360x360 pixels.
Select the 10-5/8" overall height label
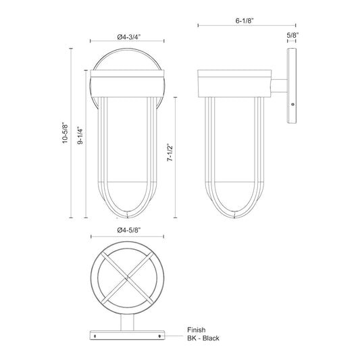pyautogui.click(x=66, y=133)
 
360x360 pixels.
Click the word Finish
pyautogui.click(x=197, y=330)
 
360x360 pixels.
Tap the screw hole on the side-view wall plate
pyautogui.click(x=292, y=105)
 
